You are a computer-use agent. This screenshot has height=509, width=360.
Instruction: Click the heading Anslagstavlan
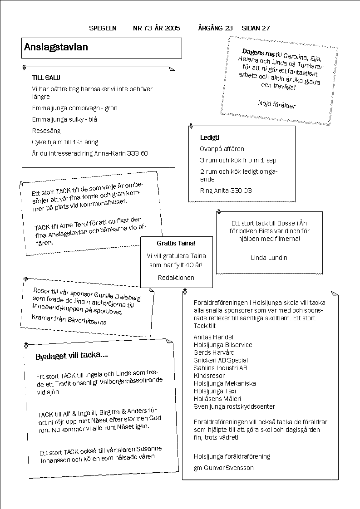[x=56, y=47]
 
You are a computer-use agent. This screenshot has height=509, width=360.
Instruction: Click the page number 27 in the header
[x=266, y=28]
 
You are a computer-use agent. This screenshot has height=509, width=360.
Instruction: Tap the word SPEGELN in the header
[x=103, y=28]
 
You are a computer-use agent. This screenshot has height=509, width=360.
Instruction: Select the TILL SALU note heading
[x=46, y=78]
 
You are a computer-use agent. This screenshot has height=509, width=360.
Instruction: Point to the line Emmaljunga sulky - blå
[x=64, y=119]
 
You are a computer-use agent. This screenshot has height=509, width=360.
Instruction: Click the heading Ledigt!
[x=209, y=137]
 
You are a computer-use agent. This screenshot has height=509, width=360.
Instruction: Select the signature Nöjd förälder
[x=276, y=104]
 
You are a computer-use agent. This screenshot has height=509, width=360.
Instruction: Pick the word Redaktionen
[x=176, y=277]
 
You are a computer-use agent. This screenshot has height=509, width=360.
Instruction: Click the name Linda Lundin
[x=269, y=258]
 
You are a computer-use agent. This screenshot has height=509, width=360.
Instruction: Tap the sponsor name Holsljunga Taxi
[x=211, y=391]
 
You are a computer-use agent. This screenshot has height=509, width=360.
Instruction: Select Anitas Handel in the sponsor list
[x=213, y=337]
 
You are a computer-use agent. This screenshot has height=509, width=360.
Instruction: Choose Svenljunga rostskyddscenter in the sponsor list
[x=234, y=406]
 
